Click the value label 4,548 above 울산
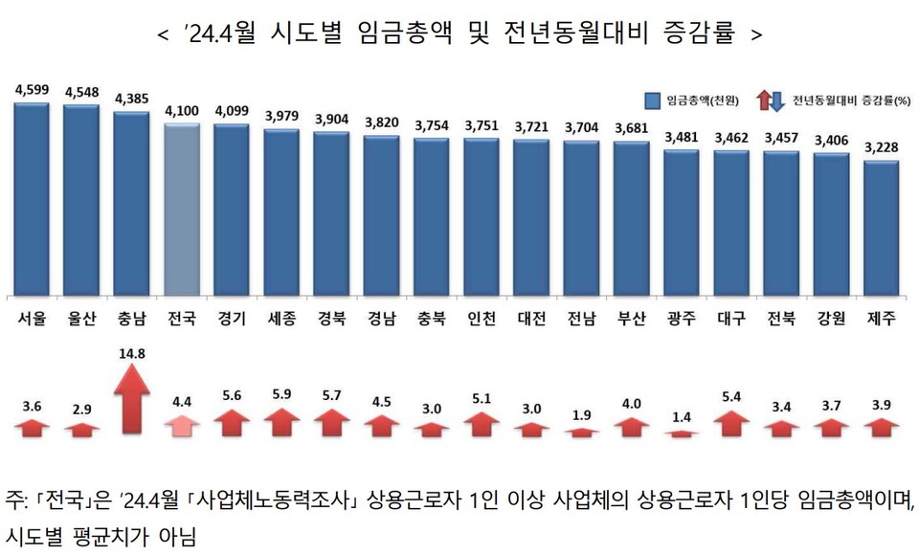[x=81, y=93]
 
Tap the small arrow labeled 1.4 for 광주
[x=682, y=433]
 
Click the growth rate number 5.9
[x=281, y=394]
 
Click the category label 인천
[x=481, y=319]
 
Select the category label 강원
[x=831, y=319]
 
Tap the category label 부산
[x=631, y=319]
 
